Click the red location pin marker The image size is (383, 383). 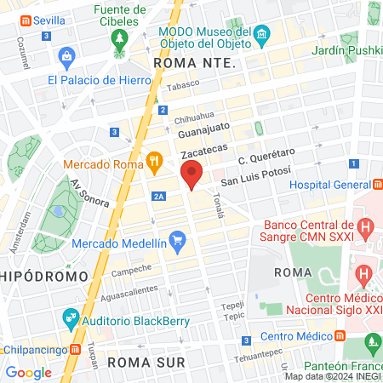point(192,174)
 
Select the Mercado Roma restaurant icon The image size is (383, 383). point(154,158)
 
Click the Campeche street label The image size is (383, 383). point(131,271)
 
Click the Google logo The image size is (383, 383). point(28,372)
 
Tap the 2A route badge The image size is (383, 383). point(158,196)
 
